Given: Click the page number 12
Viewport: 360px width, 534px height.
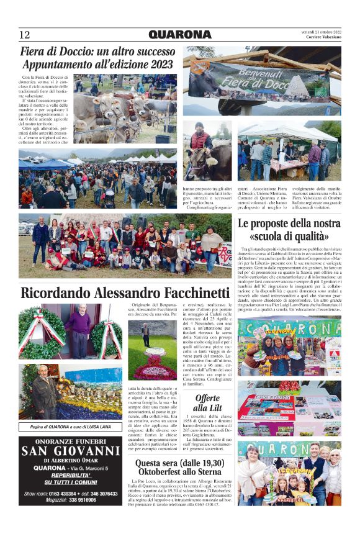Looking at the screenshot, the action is click(25, 34).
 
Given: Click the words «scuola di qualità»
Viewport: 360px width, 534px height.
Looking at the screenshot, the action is click(289, 236).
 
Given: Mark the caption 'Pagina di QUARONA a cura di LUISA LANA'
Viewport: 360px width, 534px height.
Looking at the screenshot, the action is click(70, 427).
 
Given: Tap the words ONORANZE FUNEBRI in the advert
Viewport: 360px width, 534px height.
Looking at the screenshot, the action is click(70, 441).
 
